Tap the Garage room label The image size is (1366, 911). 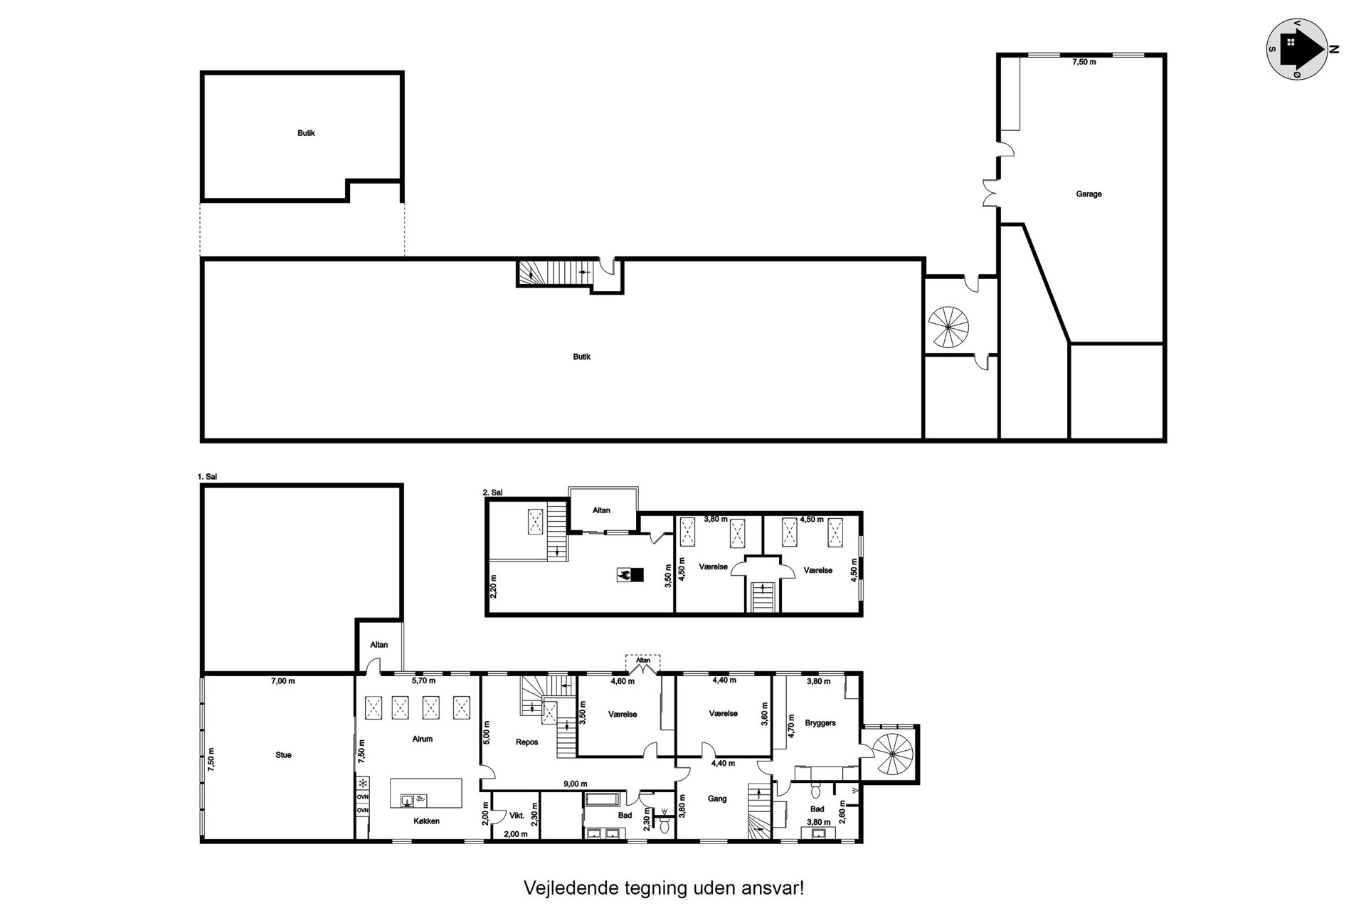click(x=1089, y=194)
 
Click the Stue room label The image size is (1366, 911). click(x=283, y=755)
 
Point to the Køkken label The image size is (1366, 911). click(x=426, y=821)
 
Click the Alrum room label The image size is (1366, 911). click(x=422, y=739)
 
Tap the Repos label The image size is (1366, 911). click(x=526, y=742)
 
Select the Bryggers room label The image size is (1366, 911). click(x=820, y=722)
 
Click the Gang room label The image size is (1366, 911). click(x=717, y=799)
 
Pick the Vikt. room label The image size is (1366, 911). click(x=517, y=816)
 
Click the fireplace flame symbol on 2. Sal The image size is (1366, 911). click(x=624, y=575)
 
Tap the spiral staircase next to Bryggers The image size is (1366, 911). click(x=892, y=754)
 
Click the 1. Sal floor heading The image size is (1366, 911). click(x=207, y=478)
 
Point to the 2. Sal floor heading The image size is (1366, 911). click(x=492, y=492)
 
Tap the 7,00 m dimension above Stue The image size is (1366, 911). click(x=282, y=681)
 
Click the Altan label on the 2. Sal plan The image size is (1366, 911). click(x=601, y=510)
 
